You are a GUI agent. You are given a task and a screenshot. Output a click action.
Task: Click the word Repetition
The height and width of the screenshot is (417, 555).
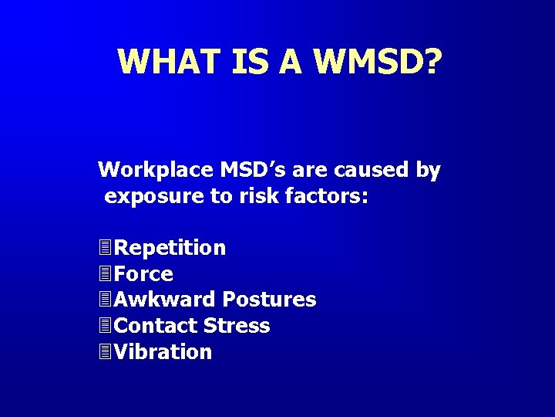click(x=170, y=249)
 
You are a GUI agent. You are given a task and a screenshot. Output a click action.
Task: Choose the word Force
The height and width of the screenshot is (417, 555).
click(x=143, y=274)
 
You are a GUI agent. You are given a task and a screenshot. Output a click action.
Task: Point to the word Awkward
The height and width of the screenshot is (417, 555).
click(x=165, y=300)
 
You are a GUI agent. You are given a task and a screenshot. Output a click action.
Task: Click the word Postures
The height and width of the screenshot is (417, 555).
click(x=269, y=300)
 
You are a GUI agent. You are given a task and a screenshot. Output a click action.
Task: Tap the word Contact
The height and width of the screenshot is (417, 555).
click(x=156, y=326)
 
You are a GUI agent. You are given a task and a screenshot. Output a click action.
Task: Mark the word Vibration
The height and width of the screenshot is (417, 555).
click(x=163, y=352)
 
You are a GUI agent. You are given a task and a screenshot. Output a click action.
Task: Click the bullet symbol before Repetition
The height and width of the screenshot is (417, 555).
click(x=106, y=248)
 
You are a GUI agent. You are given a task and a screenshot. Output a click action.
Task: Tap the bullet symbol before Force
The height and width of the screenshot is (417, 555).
click(x=106, y=274)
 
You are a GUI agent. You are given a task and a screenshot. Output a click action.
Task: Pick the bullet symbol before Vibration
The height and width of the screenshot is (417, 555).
click(x=106, y=352)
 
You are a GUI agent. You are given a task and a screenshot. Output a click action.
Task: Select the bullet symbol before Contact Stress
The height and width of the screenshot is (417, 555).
click(x=106, y=326)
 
